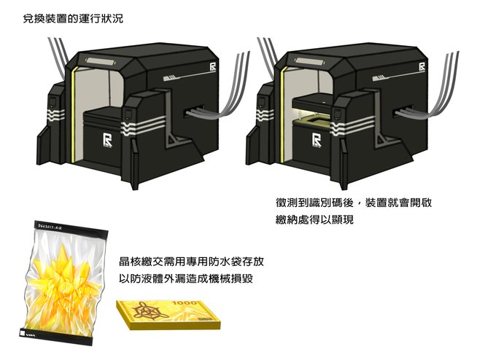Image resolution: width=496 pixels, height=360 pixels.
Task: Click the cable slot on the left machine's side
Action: click(x=193, y=111)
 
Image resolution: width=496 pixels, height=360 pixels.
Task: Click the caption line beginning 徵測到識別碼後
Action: click(x=349, y=203)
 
